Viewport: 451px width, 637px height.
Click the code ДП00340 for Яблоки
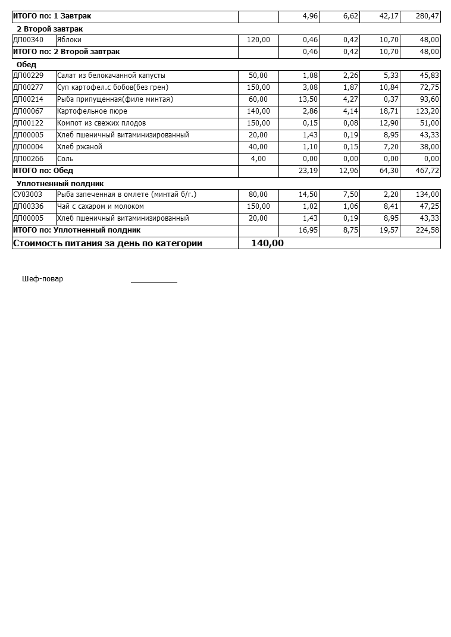[x=28, y=40]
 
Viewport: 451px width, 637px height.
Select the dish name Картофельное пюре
[x=92, y=111]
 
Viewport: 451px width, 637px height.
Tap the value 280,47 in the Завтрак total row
[x=426, y=16]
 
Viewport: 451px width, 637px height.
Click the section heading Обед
[x=26, y=64]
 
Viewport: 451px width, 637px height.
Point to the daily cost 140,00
[x=267, y=243]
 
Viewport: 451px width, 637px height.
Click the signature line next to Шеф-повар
[x=154, y=281]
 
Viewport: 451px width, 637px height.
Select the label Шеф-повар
[x=42, y=279]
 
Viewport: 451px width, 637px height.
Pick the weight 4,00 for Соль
[x=258, y=159]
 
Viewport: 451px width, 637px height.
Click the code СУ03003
[x=28, y=194]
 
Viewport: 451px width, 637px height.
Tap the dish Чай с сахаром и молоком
[x=101, y=206]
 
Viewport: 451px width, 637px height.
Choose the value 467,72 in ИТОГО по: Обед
[x=426, y=171]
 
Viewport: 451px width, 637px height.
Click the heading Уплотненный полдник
[x=60, y=184]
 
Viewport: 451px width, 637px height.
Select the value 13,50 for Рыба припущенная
[x=308, y=99]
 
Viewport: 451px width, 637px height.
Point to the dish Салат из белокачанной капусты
[x=111, y=76]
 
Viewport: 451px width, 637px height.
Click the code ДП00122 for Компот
[x=28, y=123]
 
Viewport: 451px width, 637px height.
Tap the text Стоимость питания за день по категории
[x=108, y=243]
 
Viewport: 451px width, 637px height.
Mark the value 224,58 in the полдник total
[x=426, y=230]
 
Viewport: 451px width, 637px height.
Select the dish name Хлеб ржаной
[x=80, y=147]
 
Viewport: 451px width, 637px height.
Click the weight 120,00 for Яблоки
[x=258, y=40]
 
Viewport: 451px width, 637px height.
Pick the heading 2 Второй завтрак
[x=49, y=29]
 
